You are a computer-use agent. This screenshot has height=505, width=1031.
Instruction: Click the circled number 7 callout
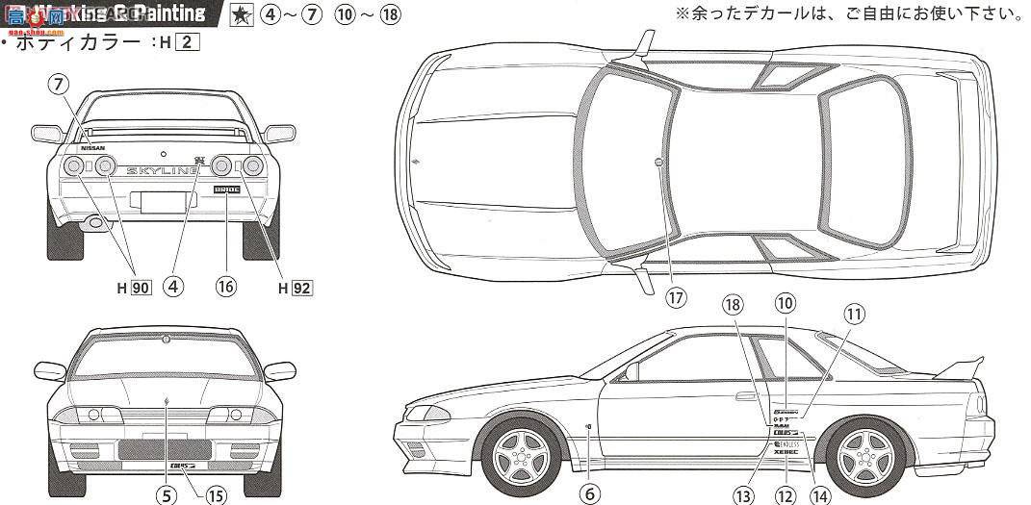(60, 85)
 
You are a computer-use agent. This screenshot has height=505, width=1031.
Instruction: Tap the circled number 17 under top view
(676, 297)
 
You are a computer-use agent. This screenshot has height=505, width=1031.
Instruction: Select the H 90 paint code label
(136, 287)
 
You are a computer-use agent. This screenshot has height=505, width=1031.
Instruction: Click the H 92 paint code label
(296, 287)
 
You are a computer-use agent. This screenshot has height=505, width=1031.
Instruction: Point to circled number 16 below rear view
(226, 286)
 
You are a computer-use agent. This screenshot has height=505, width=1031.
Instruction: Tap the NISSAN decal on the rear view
(92, 148)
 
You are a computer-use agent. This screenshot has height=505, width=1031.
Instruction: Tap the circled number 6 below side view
(590, 493)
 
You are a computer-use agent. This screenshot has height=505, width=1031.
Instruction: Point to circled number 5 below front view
(167, 495)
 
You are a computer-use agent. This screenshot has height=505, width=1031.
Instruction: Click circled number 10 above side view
(786, 303)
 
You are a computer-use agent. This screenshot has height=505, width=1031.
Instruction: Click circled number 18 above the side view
(734, 304)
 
